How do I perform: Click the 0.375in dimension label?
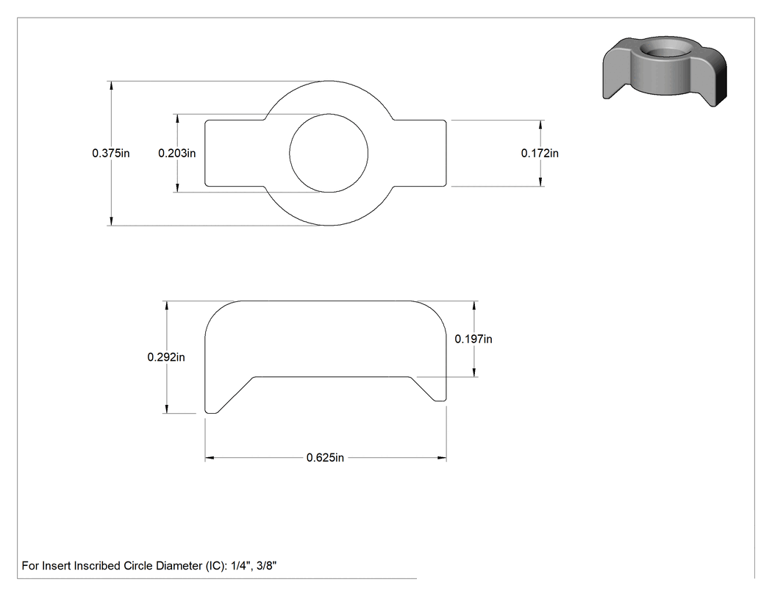point(111,153)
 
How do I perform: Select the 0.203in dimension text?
point(176,153)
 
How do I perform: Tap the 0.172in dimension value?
point(540,153)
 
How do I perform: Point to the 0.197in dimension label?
point(473,339)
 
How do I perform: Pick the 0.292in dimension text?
point(166,357)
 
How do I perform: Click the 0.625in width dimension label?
point(325,458)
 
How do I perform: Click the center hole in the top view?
point(329,153)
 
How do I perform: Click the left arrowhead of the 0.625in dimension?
point(210,458)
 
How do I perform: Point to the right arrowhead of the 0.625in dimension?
point(442,458)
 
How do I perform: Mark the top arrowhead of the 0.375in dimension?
point(111,85)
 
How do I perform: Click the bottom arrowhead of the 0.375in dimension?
point(111,221)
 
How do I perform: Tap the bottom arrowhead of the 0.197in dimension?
point(474,373)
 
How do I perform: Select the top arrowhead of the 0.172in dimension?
point(540,124)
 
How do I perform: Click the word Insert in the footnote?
point(56,566)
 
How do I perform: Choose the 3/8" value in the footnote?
point(266,566)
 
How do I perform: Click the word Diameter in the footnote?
point(177,566)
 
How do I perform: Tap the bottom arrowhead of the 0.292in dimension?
point(167,409)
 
